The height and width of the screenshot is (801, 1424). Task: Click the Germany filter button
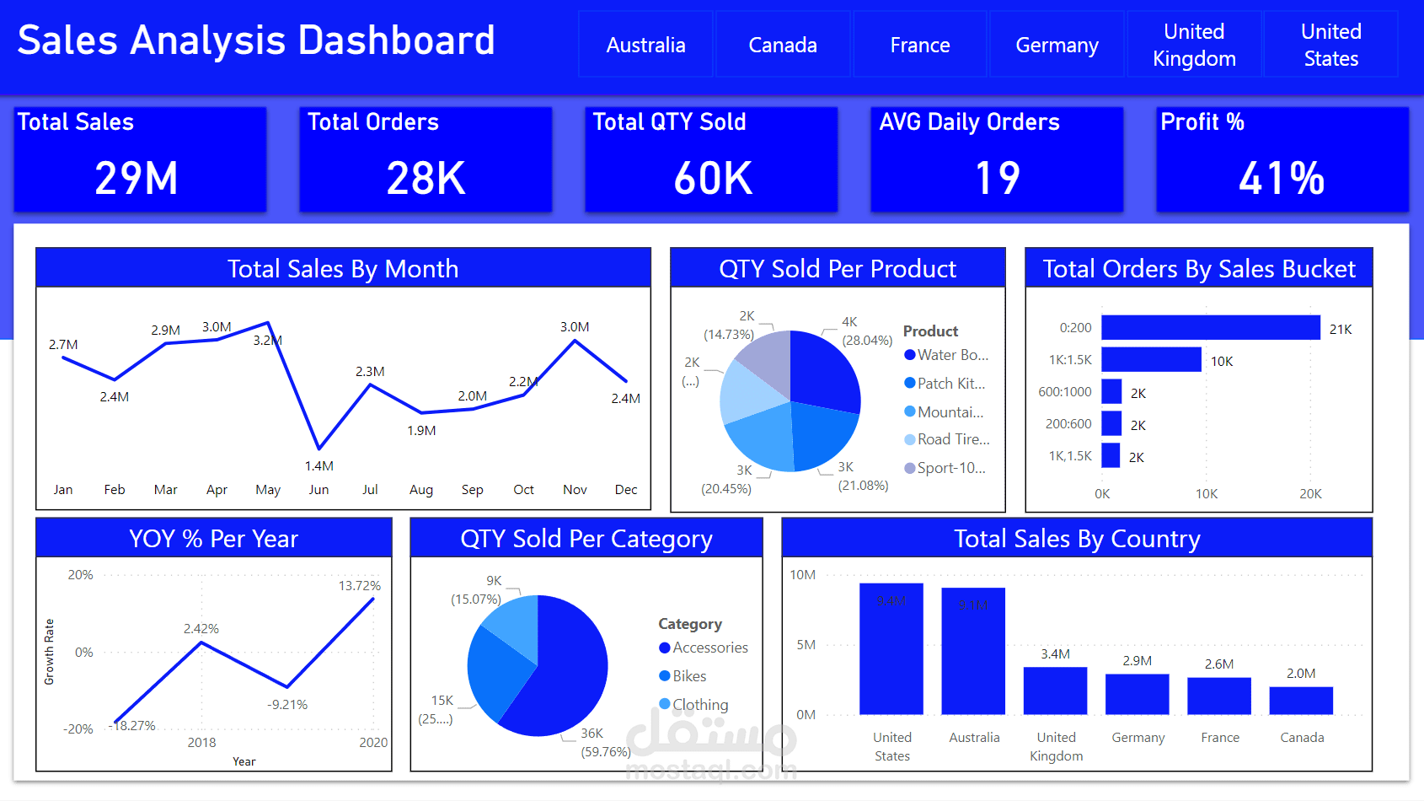[x=1057, y=45]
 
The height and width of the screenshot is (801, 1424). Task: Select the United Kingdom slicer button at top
[x=1194, y=45]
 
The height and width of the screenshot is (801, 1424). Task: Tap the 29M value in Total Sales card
[x=137, y=178]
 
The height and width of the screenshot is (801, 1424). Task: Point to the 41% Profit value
[x=1281, y=178]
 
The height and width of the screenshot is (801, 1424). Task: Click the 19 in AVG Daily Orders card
[x=997, y=178]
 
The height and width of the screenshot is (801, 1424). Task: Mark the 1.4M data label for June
[x=319, y=465]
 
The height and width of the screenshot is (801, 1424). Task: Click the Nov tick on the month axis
[x=575, y=490]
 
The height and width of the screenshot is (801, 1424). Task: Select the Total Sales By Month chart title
[x=343, y=269]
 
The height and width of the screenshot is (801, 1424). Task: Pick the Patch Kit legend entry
[x=950, y=384]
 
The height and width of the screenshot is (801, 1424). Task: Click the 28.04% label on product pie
[x=867, y=341]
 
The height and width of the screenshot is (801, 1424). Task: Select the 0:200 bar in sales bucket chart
[x=1210, y=328]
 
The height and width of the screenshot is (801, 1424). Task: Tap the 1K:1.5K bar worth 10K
[x=1151, y=360]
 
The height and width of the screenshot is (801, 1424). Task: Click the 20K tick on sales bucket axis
[x=1310, y=494]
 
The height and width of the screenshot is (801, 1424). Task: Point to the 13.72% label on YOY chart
[x=359, y=586]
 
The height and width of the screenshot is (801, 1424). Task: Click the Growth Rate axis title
[x=50, y=652]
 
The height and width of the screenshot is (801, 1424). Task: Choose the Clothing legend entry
[x=699, y=705]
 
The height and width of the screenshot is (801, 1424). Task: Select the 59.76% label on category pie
[x=606, y=752]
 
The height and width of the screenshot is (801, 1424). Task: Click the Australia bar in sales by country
[x=973, y=651]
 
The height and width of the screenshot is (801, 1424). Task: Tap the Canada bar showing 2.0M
[x=1301, y=701]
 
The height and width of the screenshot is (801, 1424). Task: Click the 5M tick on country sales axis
[x=806, y=645]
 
